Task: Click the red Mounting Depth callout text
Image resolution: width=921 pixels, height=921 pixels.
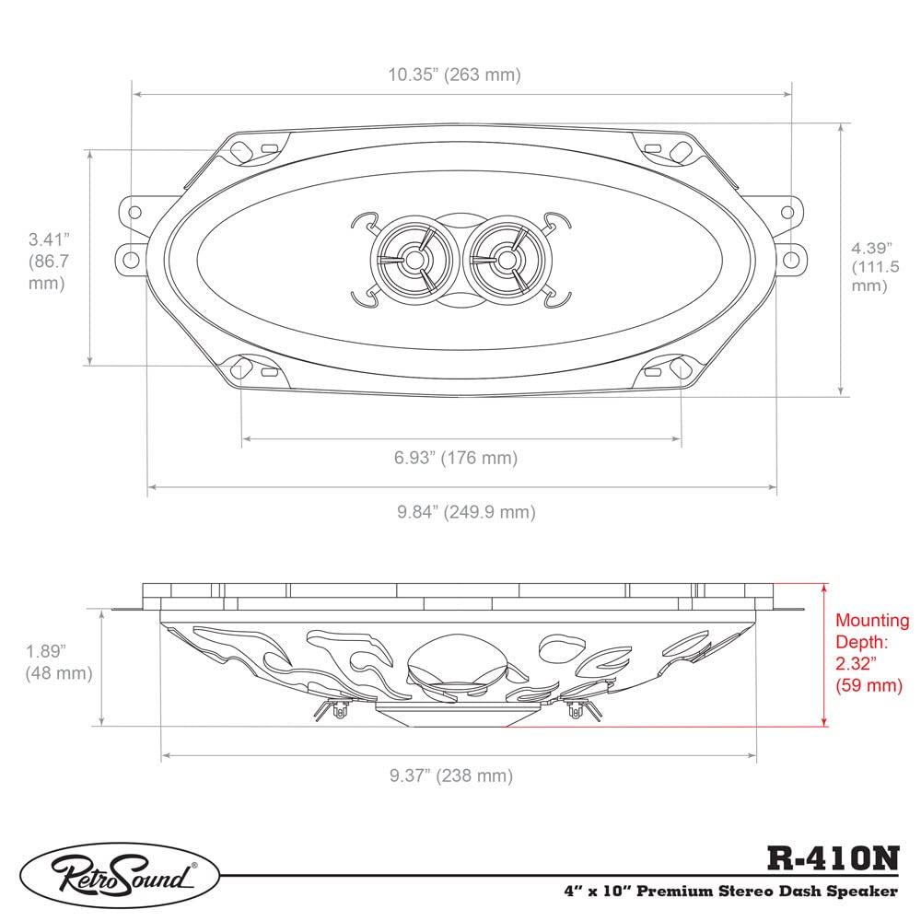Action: [871, 653]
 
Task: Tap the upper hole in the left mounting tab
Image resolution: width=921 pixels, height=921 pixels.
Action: [134, 212]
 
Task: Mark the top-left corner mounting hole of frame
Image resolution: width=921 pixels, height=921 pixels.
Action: [242, 151]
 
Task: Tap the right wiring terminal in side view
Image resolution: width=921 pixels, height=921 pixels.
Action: [578, 707]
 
